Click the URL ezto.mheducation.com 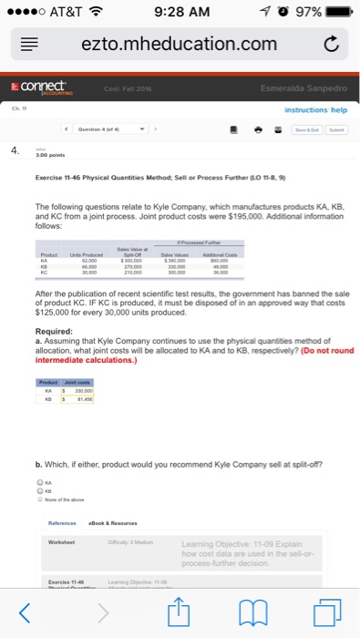pos(179,44)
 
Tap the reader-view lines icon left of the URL pos(28,44)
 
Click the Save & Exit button pos(302,129)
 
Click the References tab pos(63,523)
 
